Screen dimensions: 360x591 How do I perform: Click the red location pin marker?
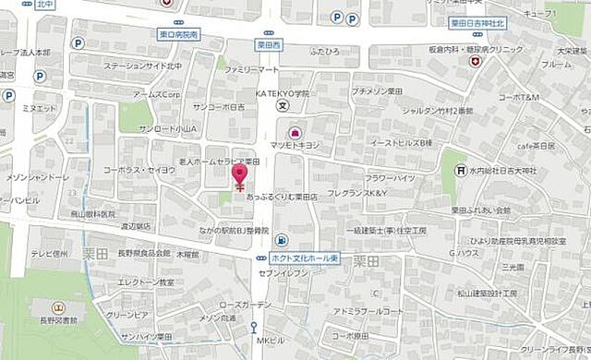240,174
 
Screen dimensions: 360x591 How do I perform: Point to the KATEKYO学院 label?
283,94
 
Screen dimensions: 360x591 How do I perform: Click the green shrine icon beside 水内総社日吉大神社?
458,170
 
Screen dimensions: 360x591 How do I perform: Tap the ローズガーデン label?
247,305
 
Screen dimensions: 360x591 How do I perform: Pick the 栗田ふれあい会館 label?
480,210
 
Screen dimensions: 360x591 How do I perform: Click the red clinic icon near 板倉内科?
476,62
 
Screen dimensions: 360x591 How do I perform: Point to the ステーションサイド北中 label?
144,66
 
